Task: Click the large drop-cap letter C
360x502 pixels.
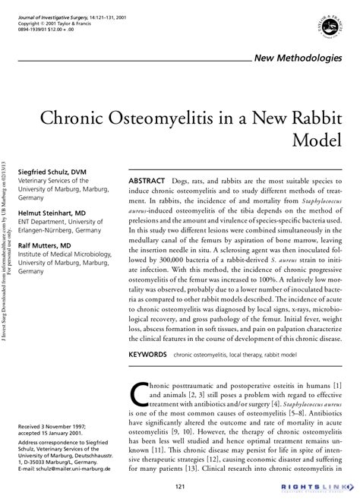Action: [141, 396]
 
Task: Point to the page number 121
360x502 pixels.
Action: [180, 486]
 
